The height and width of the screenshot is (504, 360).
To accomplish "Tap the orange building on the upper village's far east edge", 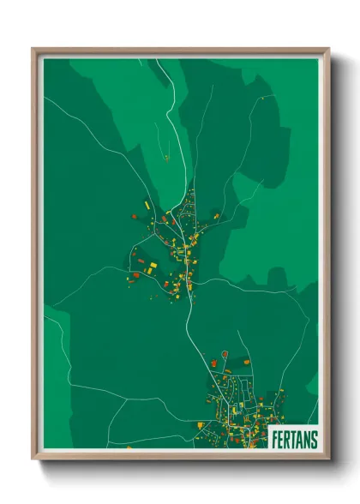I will [x=216, y=217].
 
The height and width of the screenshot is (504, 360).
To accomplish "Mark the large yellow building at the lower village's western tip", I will [x=200, y=425].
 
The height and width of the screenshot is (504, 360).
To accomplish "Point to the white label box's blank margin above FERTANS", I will [x=294, y=429].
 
